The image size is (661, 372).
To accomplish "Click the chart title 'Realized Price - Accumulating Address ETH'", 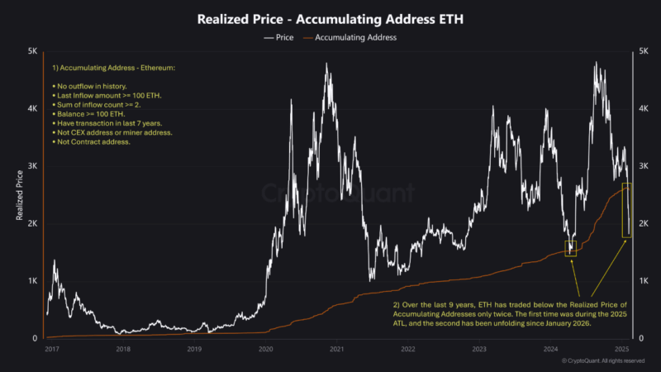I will click(330, 18).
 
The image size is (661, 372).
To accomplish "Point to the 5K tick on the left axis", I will click(32, 51).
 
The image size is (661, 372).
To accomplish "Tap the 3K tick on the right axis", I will click(643, 166).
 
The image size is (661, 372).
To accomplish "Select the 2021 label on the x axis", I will click(336, 350).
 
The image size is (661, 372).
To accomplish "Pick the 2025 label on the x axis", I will click(623, 350).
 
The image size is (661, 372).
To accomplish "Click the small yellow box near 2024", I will click(570, 248).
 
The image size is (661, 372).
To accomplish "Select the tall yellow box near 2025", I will click(627, 211).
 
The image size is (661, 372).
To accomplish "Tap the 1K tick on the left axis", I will click(32, 281).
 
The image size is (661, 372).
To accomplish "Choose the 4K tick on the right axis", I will click(643, 108).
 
